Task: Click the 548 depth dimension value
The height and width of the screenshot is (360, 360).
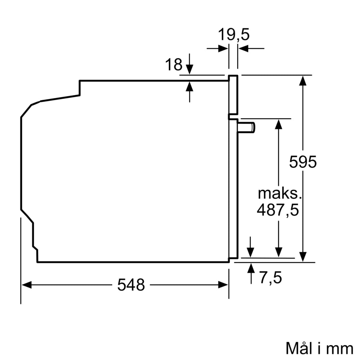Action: (131, 285)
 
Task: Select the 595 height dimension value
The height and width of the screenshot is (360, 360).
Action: (303, 162)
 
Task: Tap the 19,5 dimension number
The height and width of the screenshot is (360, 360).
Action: (234, 35)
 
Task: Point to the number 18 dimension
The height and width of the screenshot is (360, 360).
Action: (174, 65)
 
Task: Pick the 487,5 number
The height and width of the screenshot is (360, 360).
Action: (278, 210)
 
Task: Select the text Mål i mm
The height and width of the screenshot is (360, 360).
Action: (319, 348)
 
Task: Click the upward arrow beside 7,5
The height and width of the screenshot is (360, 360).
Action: (251, 268)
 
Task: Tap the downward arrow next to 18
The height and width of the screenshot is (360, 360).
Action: (189, 69)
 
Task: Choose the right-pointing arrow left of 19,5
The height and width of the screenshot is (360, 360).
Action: (223, 48)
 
